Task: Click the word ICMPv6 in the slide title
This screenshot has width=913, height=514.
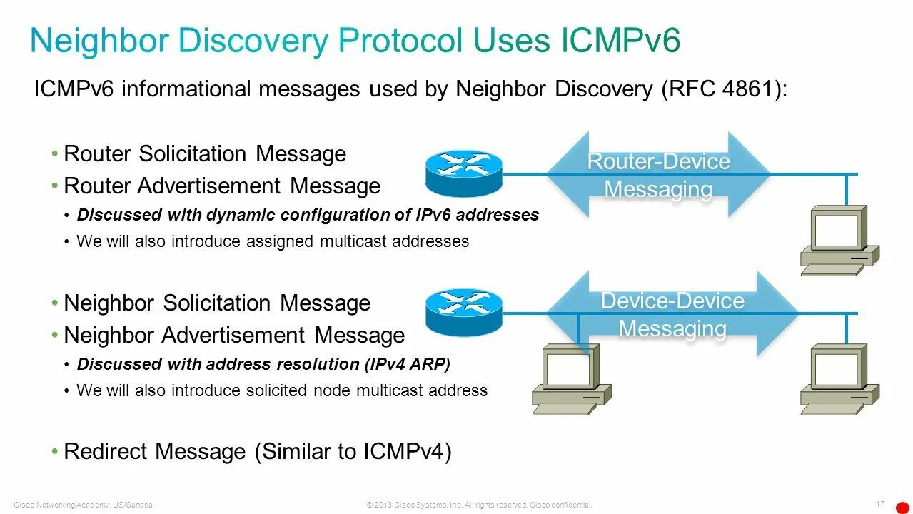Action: pos(620,41)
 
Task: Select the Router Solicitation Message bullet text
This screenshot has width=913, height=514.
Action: pos(205,153)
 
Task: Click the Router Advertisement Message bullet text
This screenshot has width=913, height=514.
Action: pos(222,186)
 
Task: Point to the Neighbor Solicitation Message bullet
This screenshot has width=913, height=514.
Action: pos(217,303)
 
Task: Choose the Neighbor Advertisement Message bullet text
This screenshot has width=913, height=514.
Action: pos(234,335)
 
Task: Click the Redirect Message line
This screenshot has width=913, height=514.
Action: pos(258,451)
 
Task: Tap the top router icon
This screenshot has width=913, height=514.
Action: pos(464,173)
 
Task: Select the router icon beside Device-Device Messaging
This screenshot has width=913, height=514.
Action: pos(464,312)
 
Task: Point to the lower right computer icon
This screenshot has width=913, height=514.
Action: pos(839,379)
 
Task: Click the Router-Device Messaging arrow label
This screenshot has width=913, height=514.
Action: pos(658,175)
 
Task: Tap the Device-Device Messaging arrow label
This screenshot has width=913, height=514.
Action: pos(672,314)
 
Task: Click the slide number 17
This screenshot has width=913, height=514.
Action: pos(880,504)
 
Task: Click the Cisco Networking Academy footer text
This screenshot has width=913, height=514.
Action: pos(83,505)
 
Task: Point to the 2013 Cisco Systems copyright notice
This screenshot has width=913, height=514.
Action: pos(479,505)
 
